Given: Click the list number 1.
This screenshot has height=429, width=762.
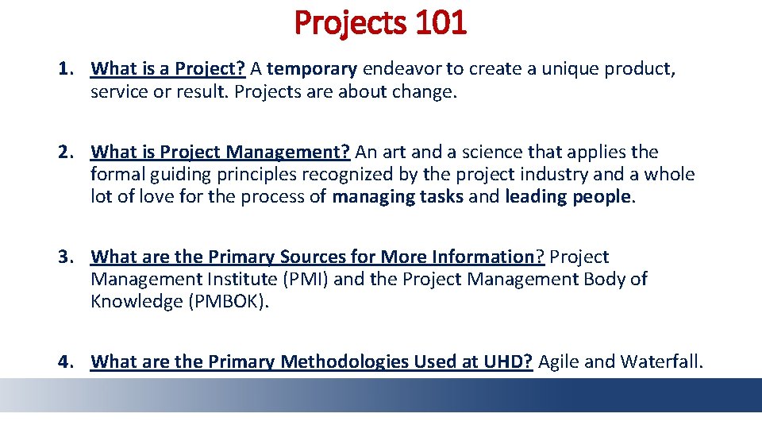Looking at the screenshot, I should [x=65, y=69].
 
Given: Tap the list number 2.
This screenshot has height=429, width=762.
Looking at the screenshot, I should [x=65, y=152].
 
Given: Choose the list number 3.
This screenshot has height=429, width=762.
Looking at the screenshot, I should [x=65, y=257].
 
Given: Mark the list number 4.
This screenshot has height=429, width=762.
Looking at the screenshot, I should [x=65, y=362].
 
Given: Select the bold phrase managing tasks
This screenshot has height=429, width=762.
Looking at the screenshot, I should [x=398, y=196].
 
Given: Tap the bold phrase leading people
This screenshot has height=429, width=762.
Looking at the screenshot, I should [x=569, y=196].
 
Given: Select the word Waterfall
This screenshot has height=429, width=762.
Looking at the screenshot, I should [x=660, y=362].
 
